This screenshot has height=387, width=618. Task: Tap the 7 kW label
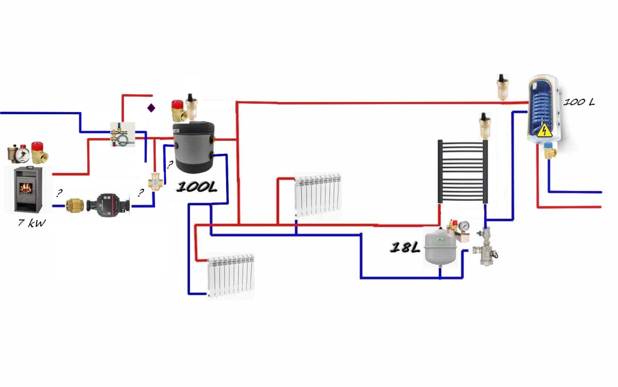[x=32, y=223]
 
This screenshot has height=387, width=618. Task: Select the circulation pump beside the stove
[x=108, y=205]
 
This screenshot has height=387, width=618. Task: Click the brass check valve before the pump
[x=75, y=206]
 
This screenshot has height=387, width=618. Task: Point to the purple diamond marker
[x=151, y=108]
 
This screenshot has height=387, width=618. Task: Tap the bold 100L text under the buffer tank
[x=196, y=187]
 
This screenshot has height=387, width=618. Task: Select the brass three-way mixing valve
[x=156, y=182]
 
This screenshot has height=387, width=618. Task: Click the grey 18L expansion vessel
[x=440, y=248]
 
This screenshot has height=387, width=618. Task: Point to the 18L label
[x=405, y=247]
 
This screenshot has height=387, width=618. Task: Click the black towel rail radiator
[x=462, y=171]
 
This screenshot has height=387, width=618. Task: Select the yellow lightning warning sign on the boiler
[x=544, y=130]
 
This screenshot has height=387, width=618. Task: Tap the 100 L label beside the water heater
[x=579, y=102]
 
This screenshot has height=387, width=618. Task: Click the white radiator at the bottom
[x=231, y=275]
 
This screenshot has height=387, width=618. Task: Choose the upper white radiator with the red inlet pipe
[x=318, y=195]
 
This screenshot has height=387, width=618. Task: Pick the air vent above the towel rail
[x=485, y=126]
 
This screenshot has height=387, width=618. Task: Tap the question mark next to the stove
[x=59, y=193]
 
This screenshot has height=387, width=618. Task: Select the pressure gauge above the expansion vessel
[x=464, y=226]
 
